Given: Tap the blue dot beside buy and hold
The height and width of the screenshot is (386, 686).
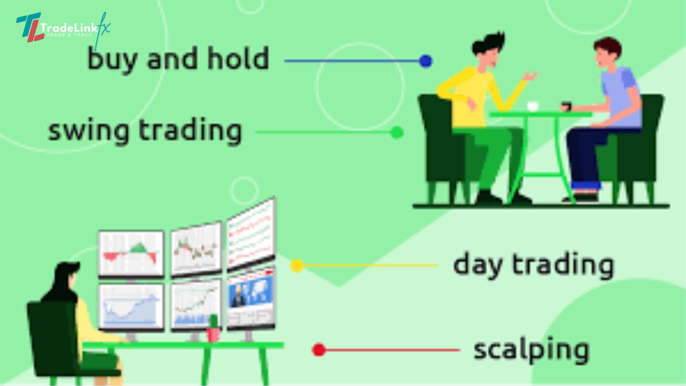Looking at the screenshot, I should point(425,61).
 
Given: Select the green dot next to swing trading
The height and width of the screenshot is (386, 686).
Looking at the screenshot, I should point(397,133).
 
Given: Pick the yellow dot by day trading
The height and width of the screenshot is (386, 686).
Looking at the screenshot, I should point(297,265).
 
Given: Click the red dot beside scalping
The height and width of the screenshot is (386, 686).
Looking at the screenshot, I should point(319,350).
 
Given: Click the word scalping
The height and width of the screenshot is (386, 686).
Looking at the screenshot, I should point(531,350).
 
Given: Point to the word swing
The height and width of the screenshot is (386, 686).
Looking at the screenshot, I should point(89,131).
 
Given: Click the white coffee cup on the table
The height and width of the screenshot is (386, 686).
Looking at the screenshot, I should point(533,106).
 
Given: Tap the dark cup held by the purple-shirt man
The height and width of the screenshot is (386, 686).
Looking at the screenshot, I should point(567,107).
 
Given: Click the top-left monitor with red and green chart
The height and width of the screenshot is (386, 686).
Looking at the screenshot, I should point(131,254).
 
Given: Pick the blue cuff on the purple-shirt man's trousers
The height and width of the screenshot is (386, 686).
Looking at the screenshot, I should point(586,185).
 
